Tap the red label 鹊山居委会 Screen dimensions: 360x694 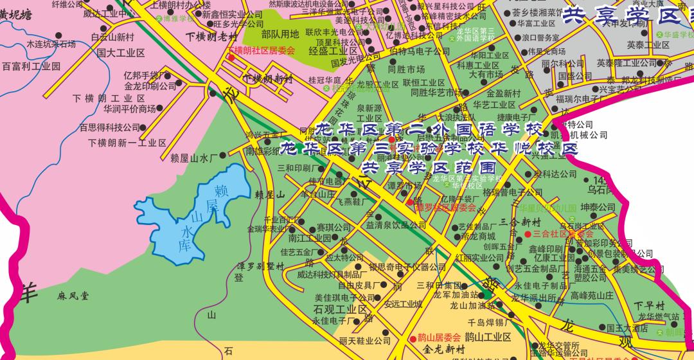click(439, 337)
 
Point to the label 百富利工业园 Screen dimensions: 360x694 click(31, 66)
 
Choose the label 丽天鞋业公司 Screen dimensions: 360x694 click(364, 341)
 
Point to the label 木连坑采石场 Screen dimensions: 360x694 click(51, 45)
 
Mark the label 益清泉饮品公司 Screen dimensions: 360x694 click(396, 226)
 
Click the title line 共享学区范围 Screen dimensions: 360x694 click(416, 167)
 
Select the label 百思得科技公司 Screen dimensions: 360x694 click(109, 127)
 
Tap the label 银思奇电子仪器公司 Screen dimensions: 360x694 click(398, 267)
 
